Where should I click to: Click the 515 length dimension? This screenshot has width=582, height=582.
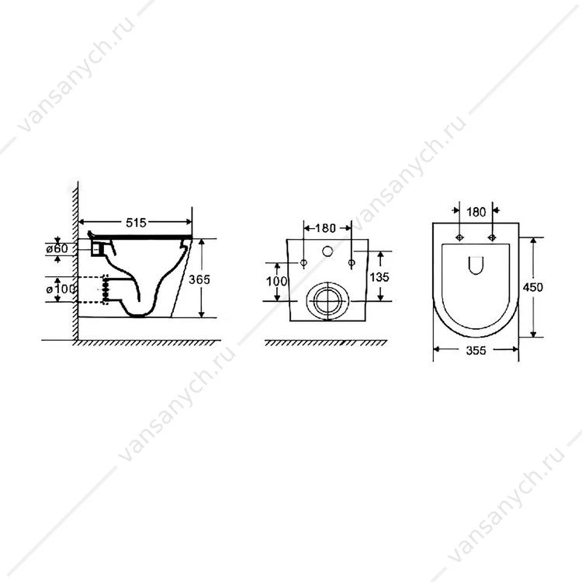pos(137,223)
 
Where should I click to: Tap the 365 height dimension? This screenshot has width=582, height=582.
pos(199,279)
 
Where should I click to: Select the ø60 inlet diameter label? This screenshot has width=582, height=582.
pos(57,248)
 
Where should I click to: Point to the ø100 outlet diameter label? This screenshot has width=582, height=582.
pos(61,289)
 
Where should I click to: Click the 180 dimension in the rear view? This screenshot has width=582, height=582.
pos(325,228)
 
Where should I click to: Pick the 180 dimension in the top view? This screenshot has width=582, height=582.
pos(476,212)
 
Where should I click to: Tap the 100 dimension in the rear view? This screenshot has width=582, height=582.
pos(277,282)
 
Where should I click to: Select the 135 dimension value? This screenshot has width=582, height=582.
pos(379,277)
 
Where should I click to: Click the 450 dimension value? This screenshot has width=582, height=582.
pos(532,287)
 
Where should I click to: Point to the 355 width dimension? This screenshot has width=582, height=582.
pos(476,351)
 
